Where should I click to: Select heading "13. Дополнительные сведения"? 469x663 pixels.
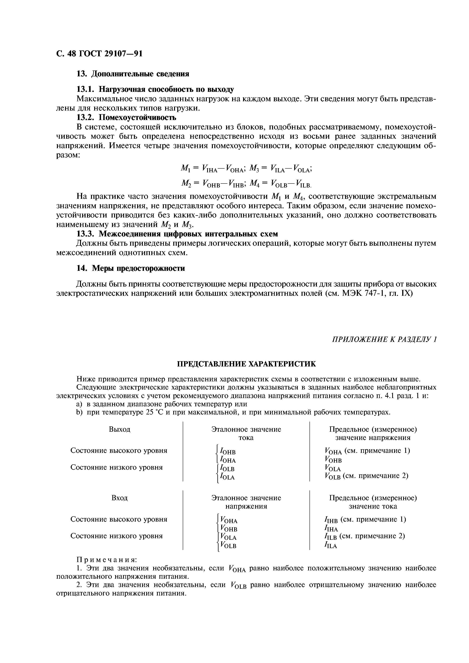tap(133, 74)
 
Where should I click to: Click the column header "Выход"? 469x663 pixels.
tap(119, 429)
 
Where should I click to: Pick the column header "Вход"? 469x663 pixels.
tap(119, 498)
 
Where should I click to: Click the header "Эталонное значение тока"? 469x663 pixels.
tap(246, 433)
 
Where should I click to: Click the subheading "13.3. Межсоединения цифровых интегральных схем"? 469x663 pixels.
tap(177, 234)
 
